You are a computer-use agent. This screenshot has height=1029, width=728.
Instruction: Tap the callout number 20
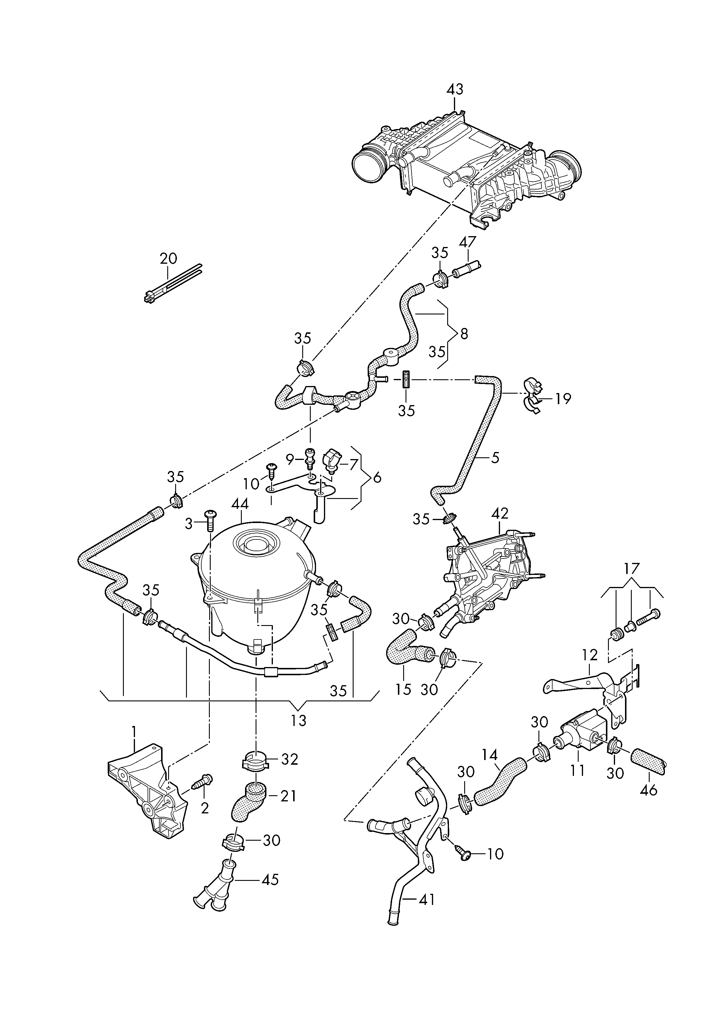pyautogui.click(x=168, y=259)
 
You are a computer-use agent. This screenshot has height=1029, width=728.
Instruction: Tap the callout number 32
pyautogui.click(x=290, y=760)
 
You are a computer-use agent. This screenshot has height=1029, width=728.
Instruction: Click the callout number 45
pyautogui.click(x=270, y=880)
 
